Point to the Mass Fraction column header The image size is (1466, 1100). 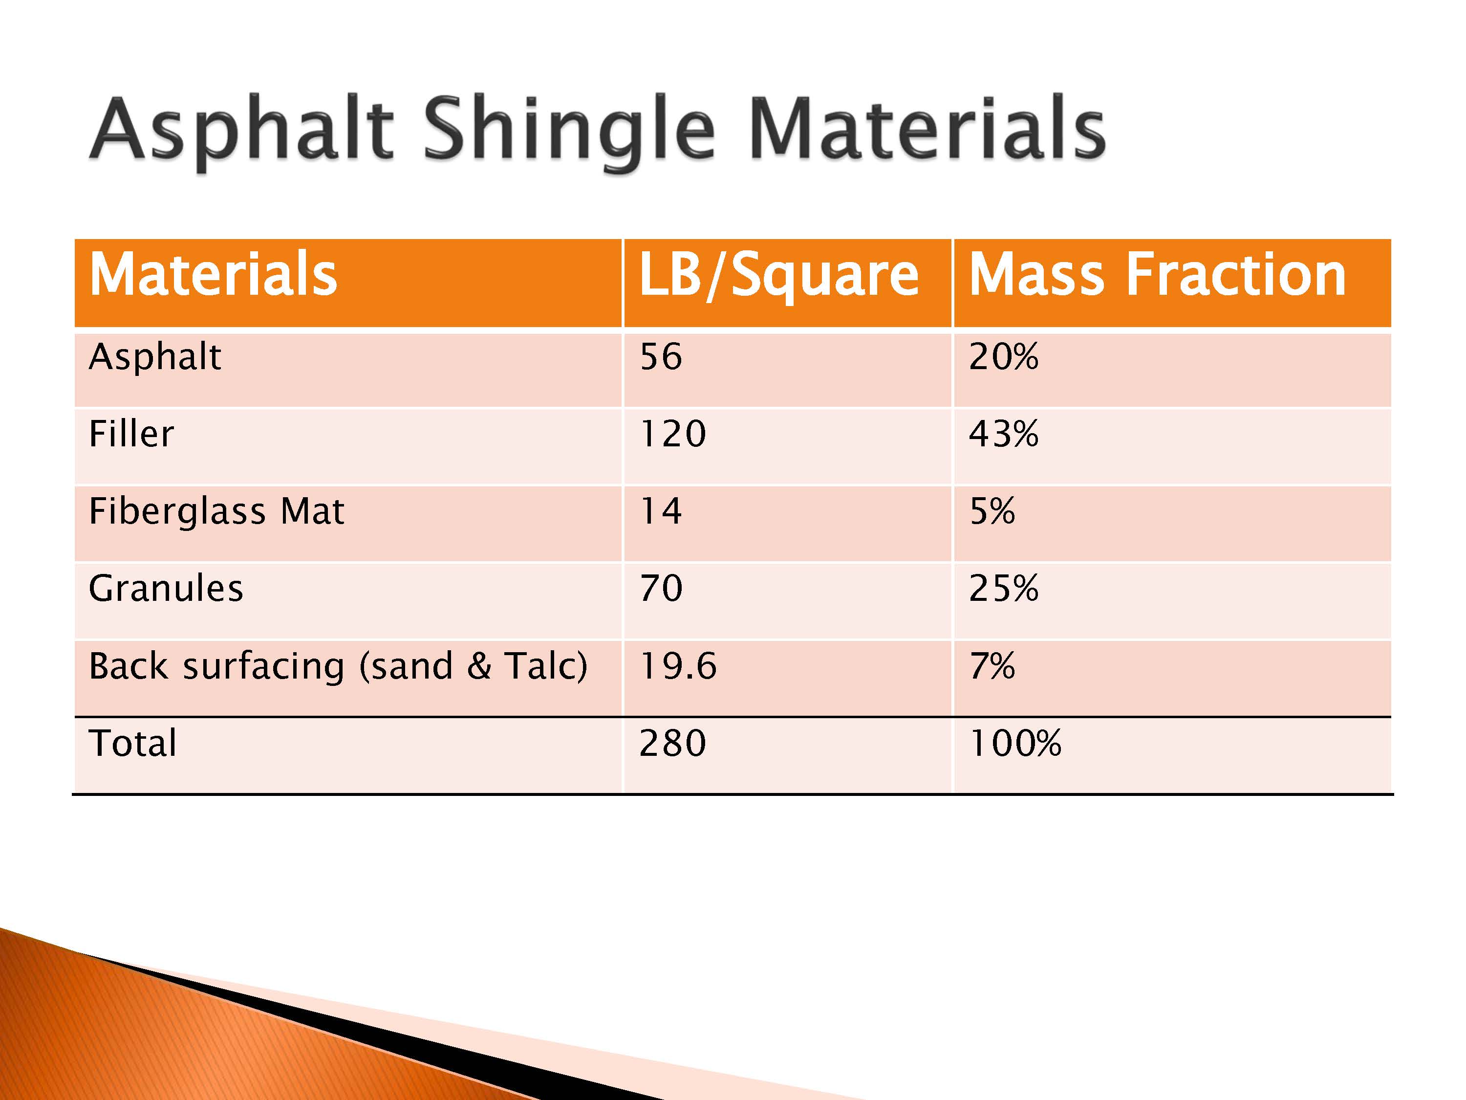click(x=1157, y=274)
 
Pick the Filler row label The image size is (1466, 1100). click(x=131, y=434)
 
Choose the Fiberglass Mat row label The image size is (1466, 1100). click(x=216, y=511)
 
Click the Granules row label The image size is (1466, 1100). click(x=166, y=588)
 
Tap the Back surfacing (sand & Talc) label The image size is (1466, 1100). click(x=338, y=666)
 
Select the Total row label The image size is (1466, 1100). click(x=132, y=743)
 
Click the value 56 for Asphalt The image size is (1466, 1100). click(x=661, y=357)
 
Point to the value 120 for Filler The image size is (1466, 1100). click(x=673, y=434)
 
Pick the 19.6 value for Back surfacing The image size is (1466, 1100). click(x=678, y=666)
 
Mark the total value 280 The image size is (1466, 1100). click(x=673, y=743)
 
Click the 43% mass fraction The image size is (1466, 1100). click(x=1003, y=434)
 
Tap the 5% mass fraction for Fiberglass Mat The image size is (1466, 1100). click(x=992, y=511)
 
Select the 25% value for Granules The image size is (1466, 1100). click(x=1003, y=588)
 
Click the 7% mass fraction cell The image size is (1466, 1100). click(x=992, y=666)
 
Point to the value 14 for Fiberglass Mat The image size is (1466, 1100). click(x=661, y=511)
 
